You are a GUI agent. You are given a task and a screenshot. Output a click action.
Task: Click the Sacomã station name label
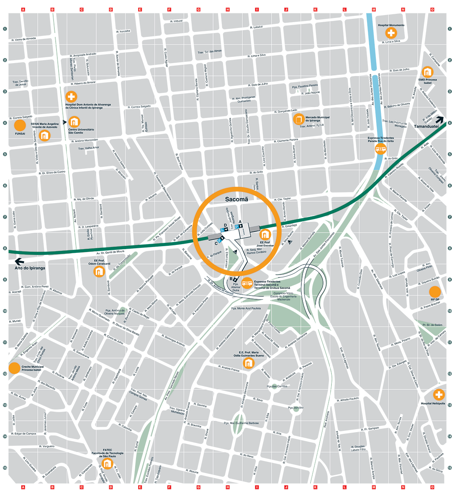click(x=236, y=199)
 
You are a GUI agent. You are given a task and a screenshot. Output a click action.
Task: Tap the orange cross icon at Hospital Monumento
click(x=391, y=33)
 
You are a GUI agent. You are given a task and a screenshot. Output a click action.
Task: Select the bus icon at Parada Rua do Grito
click(x=380, y=149)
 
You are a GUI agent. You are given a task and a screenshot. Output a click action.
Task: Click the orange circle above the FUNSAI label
click(x=20, y=125)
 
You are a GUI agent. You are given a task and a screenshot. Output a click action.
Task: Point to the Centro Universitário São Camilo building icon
click(x=74, y=122)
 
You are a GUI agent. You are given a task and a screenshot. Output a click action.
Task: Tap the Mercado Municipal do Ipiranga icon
click(x=298, y=119)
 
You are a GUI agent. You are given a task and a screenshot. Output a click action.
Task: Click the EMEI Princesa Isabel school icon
click(x=427, y=72)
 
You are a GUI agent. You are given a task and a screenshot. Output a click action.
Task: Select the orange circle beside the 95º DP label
click(x=435, y=292)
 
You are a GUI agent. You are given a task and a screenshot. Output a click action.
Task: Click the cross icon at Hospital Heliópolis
click(x=439, y=394)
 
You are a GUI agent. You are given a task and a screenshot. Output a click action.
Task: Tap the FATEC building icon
click(x=107, y=463)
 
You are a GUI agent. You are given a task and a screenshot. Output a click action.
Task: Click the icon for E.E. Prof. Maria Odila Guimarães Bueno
click(x=249, y=363)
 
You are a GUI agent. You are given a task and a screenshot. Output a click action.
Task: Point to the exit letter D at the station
click(x=225, y=225)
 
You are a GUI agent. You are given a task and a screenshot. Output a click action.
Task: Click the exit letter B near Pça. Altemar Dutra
click(x=231, y=279)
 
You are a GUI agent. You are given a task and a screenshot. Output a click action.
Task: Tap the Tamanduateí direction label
click(x=426, y=126)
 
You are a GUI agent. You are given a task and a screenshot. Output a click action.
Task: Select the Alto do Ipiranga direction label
click(x=30, y=268)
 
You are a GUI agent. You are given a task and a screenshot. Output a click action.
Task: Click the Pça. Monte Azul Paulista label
click(x=246, y=308)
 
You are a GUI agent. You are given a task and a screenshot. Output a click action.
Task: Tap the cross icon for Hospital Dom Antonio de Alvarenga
click(x=71, y=97)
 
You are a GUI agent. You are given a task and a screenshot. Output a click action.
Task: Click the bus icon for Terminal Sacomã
click(x=247, y=283)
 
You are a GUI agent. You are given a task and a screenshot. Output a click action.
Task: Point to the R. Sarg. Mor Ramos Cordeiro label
click(x=257, y=251)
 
